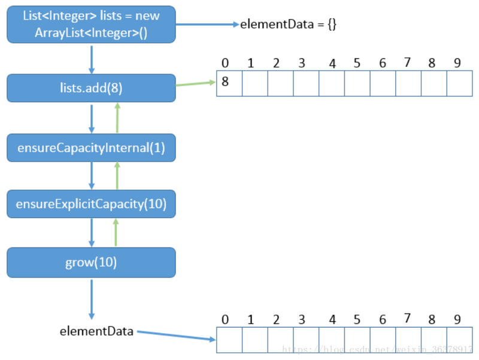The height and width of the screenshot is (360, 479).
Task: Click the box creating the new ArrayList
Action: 91,24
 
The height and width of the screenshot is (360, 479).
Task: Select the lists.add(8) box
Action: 91,88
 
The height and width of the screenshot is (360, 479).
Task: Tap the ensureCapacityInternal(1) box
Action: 91,148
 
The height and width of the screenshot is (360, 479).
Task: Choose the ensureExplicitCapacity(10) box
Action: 91,204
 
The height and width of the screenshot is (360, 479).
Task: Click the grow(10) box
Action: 91,262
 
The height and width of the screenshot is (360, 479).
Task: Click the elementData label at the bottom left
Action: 96,331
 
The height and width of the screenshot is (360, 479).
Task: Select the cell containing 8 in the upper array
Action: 229,84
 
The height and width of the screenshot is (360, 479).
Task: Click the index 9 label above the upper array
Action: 457,63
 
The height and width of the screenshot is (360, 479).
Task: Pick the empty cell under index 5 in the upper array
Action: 357,84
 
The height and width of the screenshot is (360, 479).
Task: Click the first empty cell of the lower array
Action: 229,340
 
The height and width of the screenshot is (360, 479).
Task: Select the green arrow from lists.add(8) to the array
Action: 195,84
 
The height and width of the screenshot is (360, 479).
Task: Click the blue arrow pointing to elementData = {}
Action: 207,25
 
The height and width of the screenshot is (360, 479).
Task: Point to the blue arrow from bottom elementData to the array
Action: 175,335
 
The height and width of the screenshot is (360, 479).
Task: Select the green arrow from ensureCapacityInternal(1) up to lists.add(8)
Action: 117,118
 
